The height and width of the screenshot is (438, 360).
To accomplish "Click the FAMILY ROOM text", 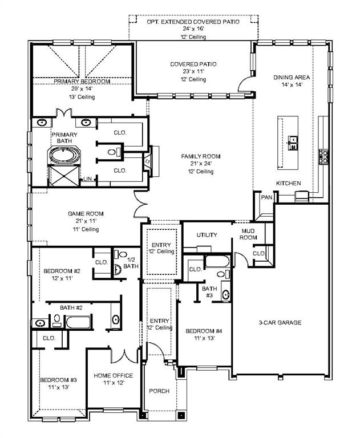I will [200, 156].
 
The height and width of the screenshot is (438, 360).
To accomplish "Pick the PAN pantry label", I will [266, 197].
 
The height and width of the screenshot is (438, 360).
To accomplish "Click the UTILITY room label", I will [207, 235].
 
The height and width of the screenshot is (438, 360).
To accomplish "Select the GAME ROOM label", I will [86, 214].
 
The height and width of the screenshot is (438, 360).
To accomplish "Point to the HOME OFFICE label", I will [114, 375].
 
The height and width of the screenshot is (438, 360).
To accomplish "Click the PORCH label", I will [159, 391].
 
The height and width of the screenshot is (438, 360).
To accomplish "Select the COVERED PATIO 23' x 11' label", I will [193, 64].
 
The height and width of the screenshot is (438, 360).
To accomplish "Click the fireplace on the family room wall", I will [148, 161].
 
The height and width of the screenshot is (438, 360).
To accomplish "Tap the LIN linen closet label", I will [87, 179].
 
